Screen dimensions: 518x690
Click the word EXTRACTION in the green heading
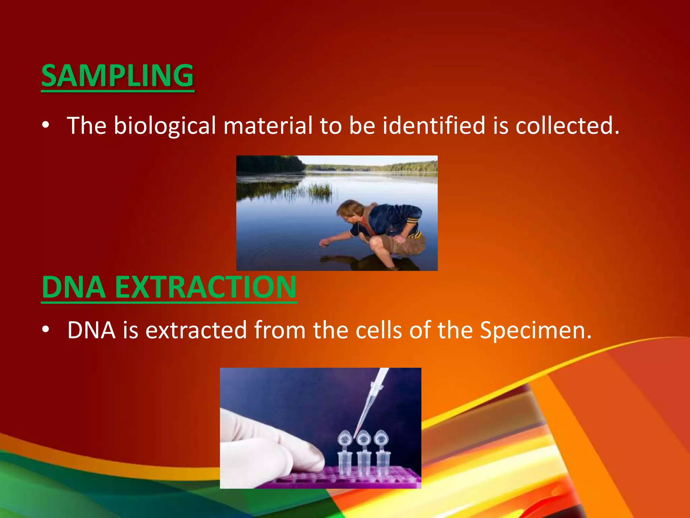click(206, 287)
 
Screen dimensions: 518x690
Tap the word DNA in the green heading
click(73, 287)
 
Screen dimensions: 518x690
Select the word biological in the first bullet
click(164, 125)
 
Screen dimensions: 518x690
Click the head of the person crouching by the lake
click(350, 211)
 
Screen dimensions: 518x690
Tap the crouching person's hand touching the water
click(324, 242)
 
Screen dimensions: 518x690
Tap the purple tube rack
click(337, 479)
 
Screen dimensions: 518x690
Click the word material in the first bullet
click(268, 125)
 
